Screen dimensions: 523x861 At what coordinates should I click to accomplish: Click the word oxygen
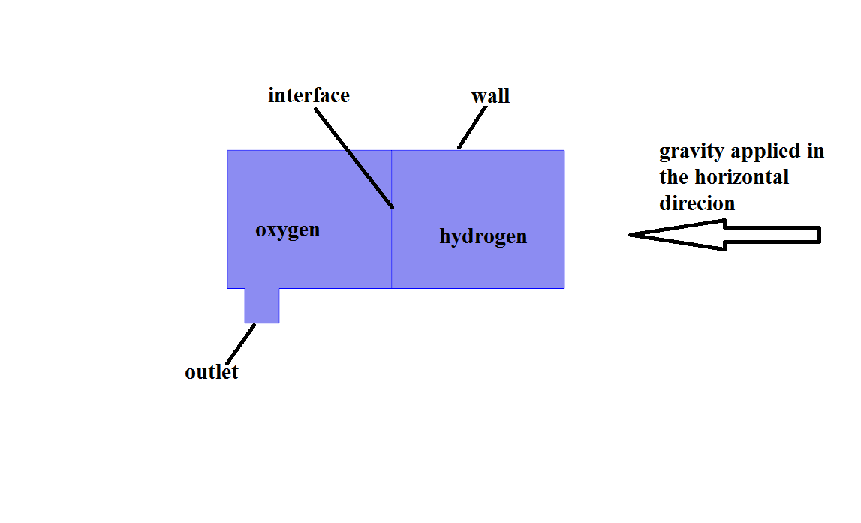point(288,230)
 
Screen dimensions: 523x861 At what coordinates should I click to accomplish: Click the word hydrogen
point(483,237)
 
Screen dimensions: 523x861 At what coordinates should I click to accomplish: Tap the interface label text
point(309,96)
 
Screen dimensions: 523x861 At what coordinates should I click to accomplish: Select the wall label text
point(490,96)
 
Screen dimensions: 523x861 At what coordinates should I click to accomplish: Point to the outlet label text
point(212,372)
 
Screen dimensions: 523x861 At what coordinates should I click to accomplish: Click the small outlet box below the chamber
point(262,305)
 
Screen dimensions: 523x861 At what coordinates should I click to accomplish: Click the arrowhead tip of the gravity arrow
point(631,235)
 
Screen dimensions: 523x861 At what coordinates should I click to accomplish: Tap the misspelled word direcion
point(697,203)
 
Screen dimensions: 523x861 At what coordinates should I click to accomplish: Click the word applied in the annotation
point(765,152)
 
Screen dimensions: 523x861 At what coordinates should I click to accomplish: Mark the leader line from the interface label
point(354,158)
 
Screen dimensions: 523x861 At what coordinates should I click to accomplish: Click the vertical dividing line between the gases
point(391,248)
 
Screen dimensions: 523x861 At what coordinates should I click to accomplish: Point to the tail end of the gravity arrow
point(819,235)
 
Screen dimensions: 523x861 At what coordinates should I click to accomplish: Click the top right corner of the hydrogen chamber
point(564,151)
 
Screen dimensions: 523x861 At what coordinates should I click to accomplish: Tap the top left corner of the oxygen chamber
point(228,151)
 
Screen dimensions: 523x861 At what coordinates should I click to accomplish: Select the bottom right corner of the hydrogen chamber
point(564,287)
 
